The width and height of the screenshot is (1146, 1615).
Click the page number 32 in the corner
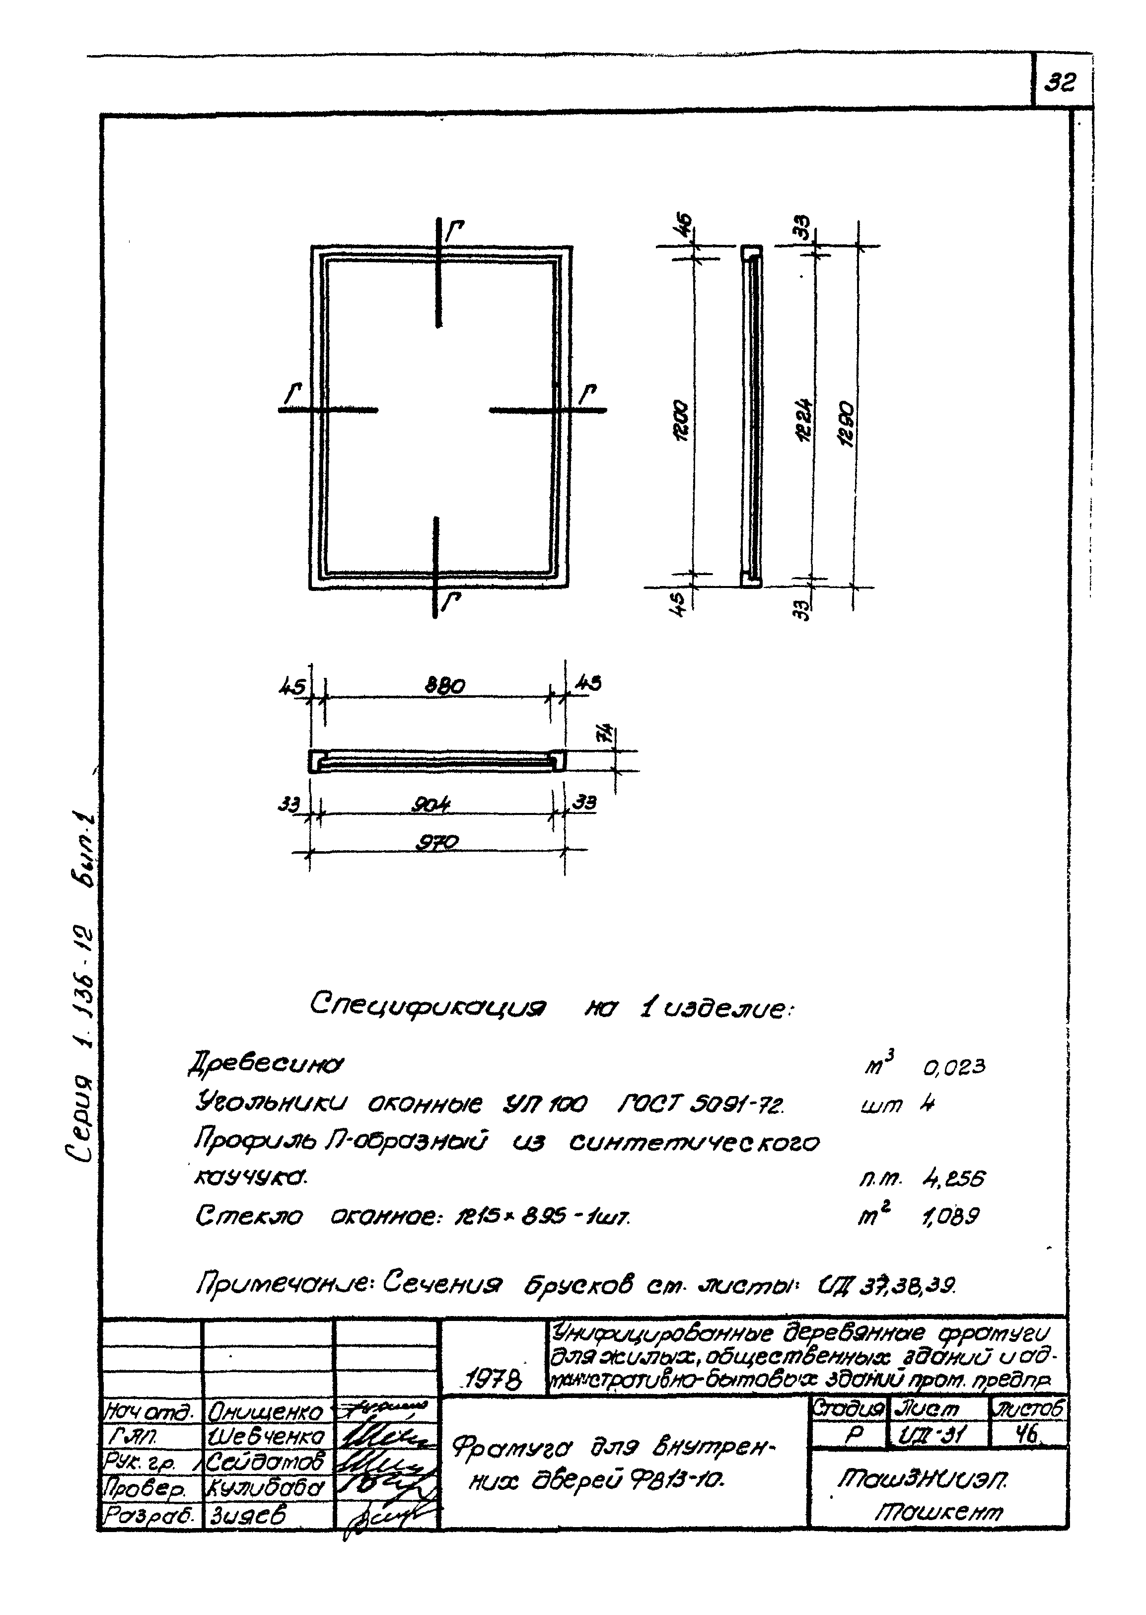[x=1060, y=84]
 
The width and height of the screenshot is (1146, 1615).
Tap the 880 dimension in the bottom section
[x=444, y=685]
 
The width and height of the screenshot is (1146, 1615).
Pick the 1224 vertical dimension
[x=804, y=422]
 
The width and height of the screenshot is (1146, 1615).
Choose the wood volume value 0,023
[x=954, y=1067]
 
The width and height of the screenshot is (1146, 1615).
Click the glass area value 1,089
[x=950, y=1216]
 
